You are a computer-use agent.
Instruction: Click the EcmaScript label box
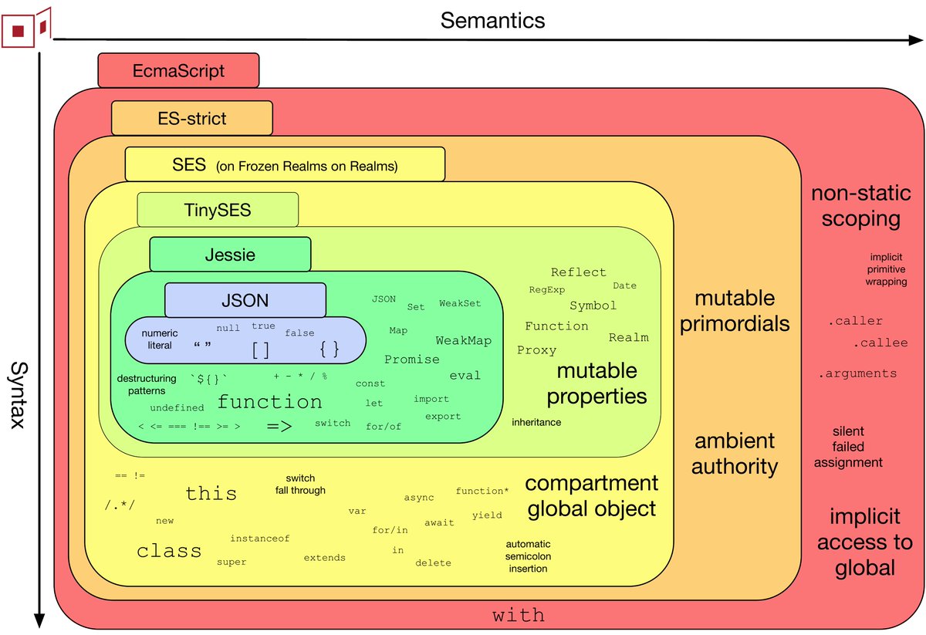click(x=178, y=71)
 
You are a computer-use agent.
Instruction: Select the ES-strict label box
click(x=191, y=118)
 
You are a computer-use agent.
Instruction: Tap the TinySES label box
click(x=217, y=210)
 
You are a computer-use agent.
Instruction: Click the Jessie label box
click(x=230, y=255)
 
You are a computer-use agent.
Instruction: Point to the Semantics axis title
click(x=492, y=20)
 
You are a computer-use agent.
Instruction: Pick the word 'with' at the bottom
click(x=519, y=616)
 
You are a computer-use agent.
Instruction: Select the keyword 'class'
click(x=169, y=551)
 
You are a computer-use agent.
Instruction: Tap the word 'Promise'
click(x=412, y=360)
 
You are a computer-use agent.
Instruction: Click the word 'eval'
click(x=465, y=376)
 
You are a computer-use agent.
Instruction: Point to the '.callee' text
click(x=880, y=343)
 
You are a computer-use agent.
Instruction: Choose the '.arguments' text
click(x=857, y=374)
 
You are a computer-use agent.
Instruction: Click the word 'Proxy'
click(x=536, y=350)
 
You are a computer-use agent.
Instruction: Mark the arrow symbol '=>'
click(x=279, y=426)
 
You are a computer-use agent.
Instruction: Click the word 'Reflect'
click(x=578, y=272)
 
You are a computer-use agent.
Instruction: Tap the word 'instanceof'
click(x=259, y=539)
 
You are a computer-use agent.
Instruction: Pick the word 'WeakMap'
click(x=463, y=340)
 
